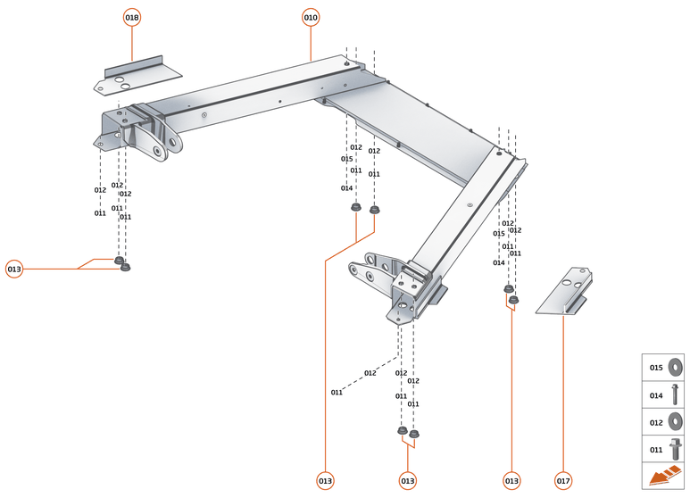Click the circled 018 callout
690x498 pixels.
[x=132, y=17]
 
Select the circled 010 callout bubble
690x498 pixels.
[x=311, y=17]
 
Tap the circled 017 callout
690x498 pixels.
[x=563, y=481]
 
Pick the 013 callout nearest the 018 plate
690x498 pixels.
[x=14, y=269]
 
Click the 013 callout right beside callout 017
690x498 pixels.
[x=511, y=481]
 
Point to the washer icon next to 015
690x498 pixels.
[x=675, y=367]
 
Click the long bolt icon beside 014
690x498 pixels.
[x=675, y=394]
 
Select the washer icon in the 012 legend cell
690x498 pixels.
[x=675, y=421]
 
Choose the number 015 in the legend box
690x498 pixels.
[x=656, y=367]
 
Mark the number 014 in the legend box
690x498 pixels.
[x=656, y=394]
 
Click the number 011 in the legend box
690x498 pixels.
[x=656, y=449]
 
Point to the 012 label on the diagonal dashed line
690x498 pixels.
[x=370, y=373]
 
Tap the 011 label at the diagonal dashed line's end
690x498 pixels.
[x=337, y=393]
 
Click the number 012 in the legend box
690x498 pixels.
[x=656, y=421]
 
